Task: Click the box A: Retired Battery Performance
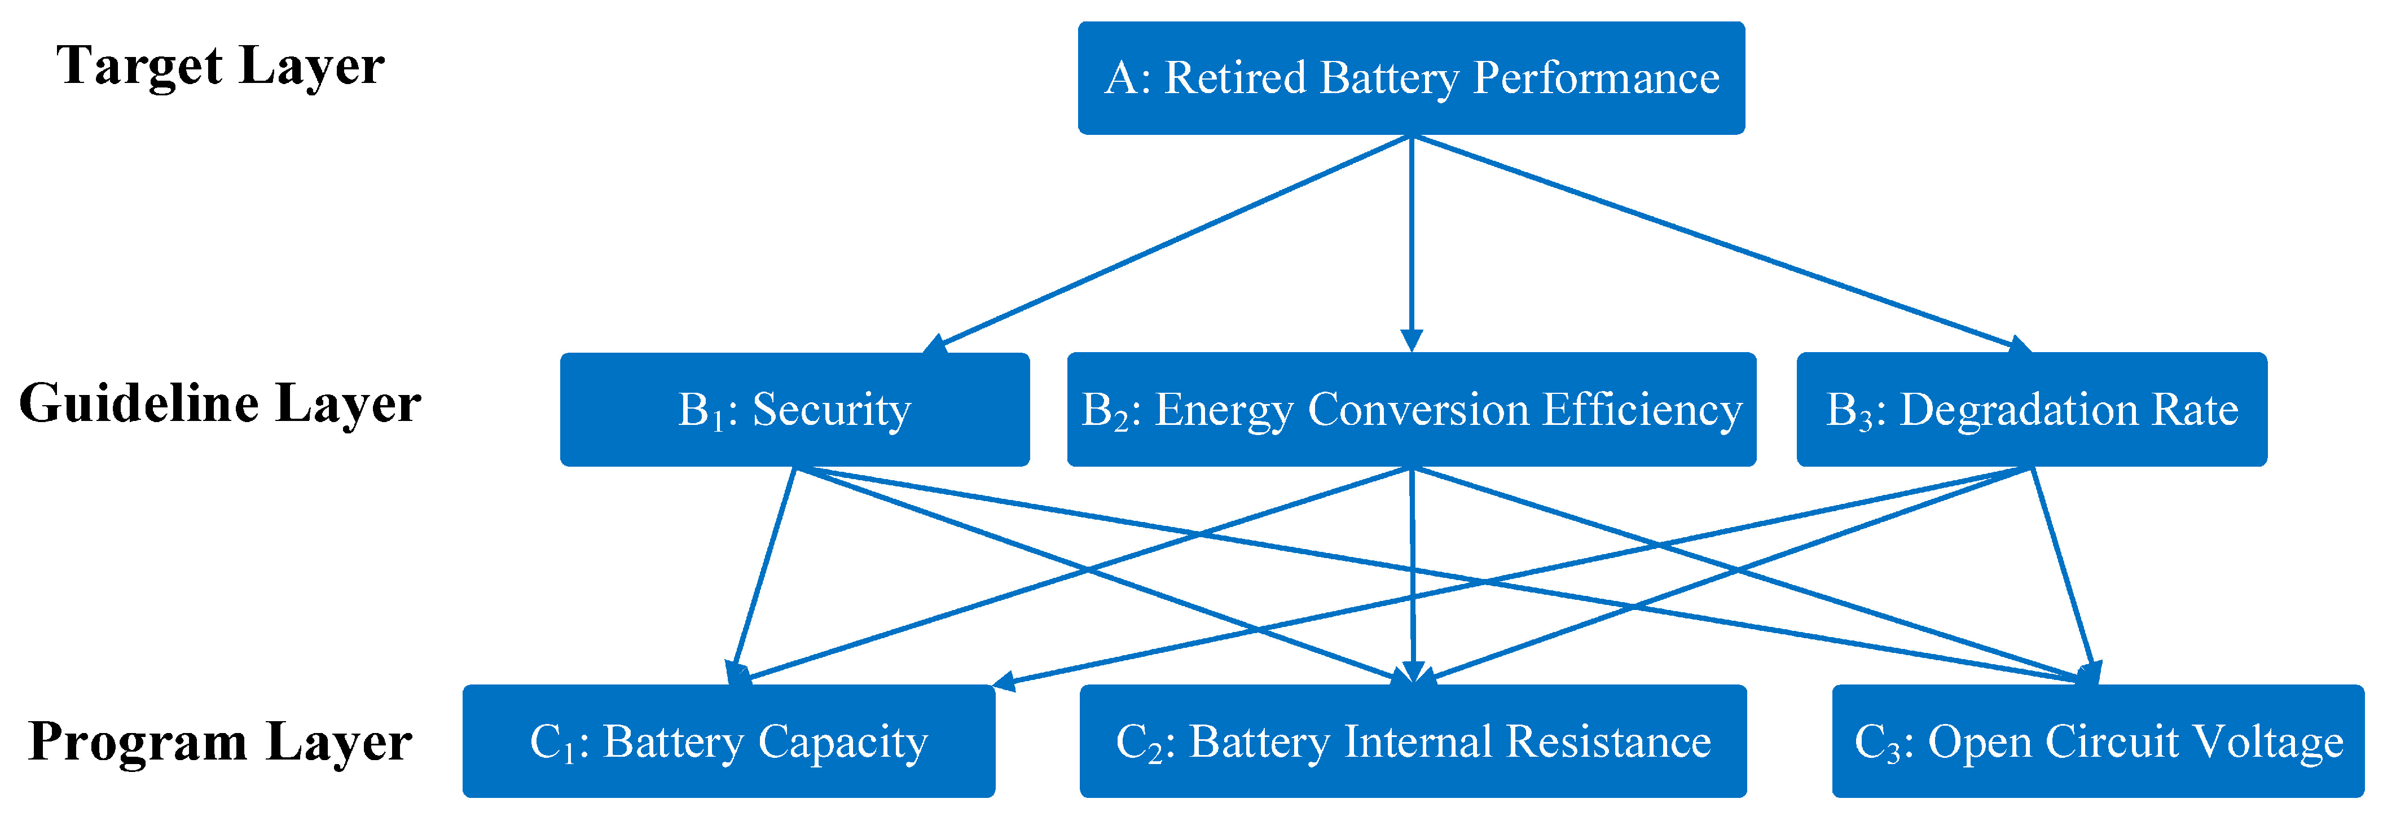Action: pos(1411,78)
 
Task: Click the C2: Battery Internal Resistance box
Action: pos(1413,741)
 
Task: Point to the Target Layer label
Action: pos(220,67)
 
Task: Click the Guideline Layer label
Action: pos(220,404)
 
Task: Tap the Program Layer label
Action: pos(220,741)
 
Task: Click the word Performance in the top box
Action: pos(1596,78)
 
